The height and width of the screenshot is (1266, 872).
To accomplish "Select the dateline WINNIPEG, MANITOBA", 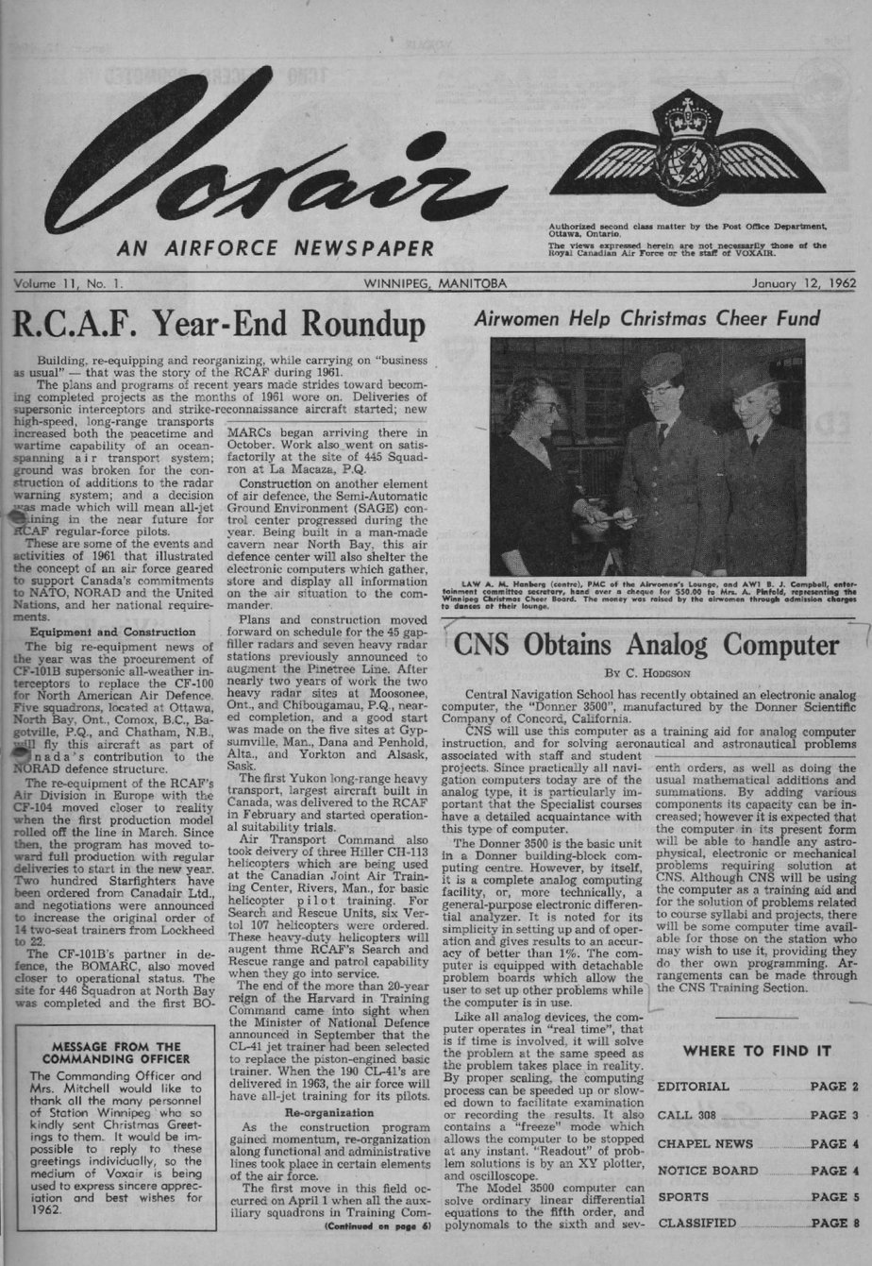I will pos(435,282).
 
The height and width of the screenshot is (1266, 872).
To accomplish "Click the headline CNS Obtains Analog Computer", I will pos(646,646).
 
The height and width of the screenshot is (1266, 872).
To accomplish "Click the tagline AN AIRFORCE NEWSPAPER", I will pos(275,248).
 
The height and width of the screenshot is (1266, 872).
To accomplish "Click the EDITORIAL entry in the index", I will pos(693,1087).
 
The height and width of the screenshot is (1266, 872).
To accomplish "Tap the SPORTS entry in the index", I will pos(682,1197).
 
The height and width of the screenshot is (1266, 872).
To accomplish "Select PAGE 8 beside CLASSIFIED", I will pos(834,1224).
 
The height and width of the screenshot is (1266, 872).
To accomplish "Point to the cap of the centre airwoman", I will pos(661,369).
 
